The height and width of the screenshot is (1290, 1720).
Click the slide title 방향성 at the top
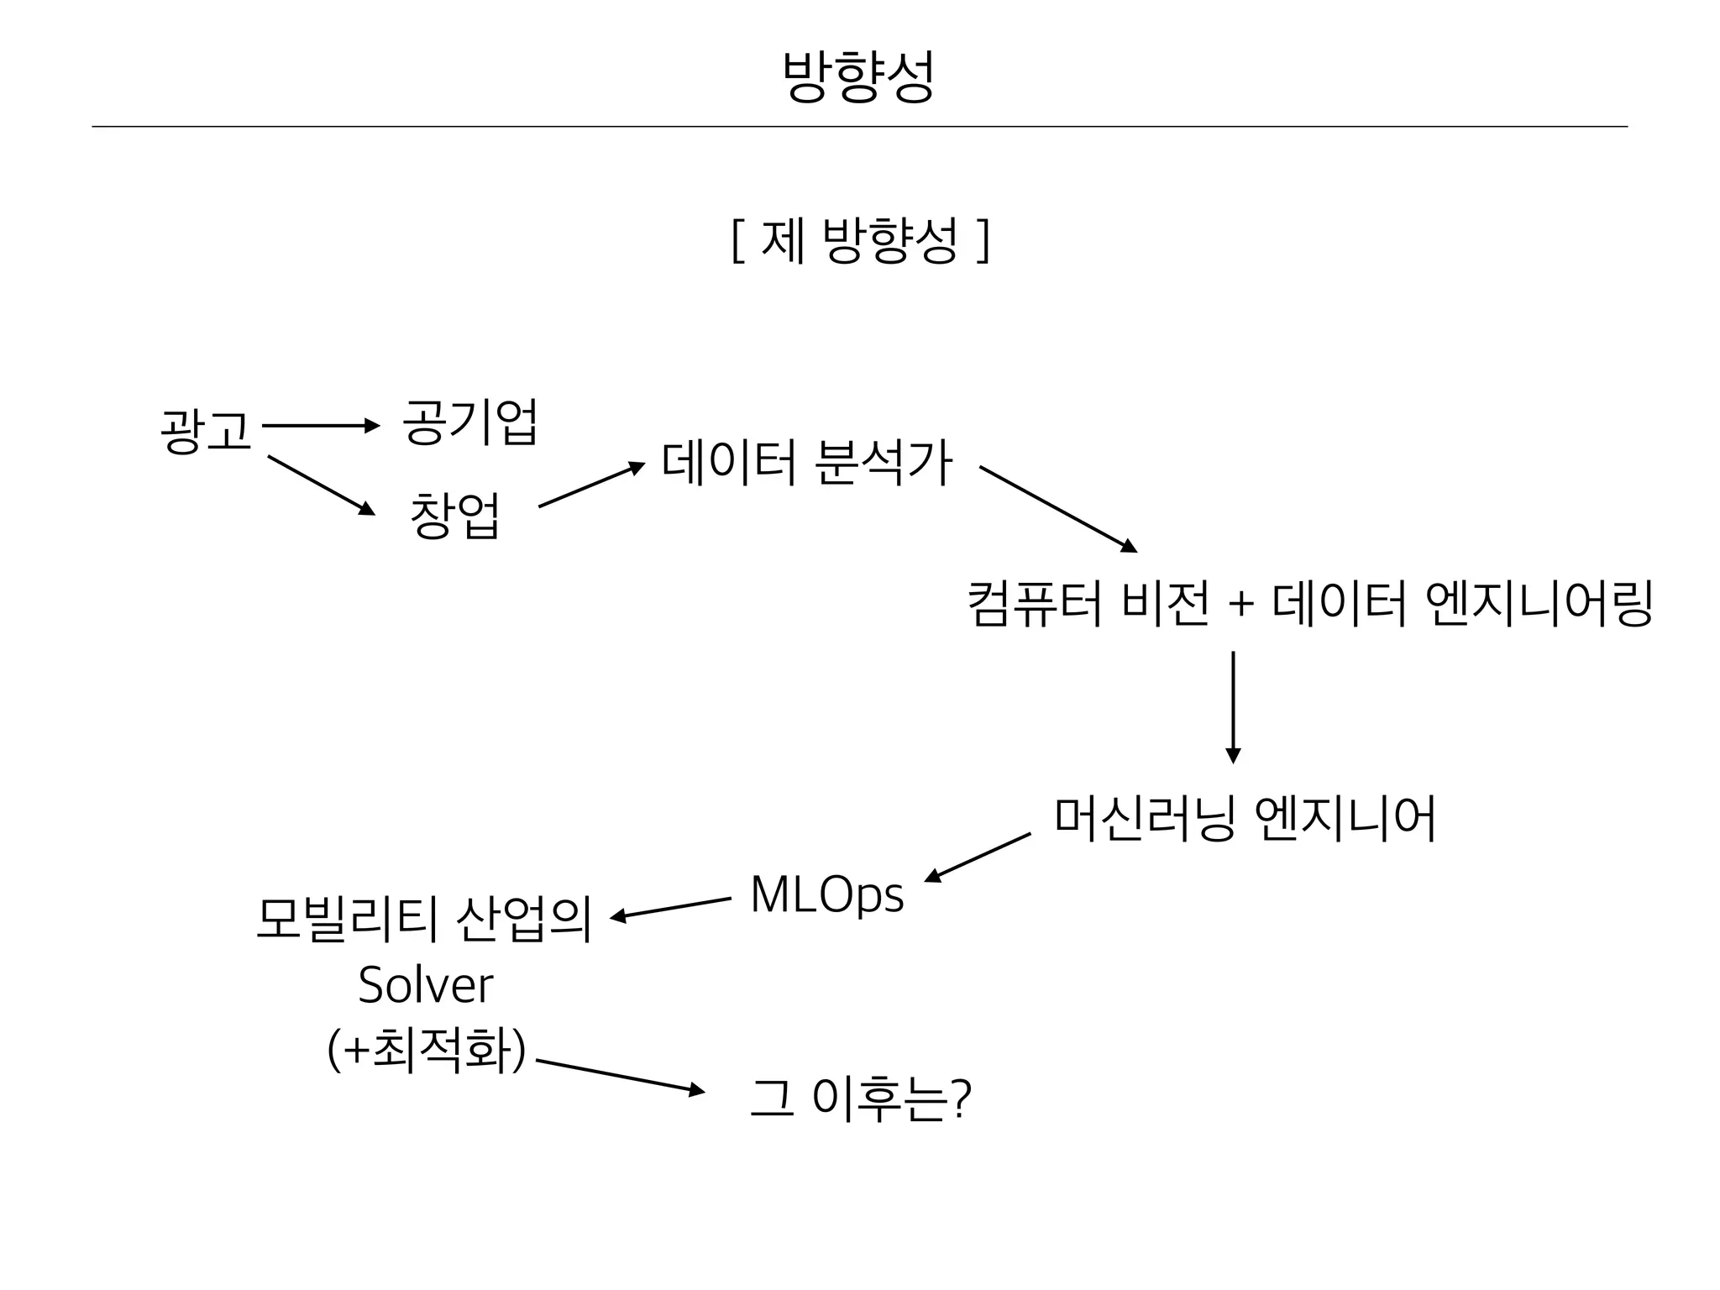857,76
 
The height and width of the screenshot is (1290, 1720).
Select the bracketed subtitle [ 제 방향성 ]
860,241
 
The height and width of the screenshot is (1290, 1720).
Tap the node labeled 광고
206,431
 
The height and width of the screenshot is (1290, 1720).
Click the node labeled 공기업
469,422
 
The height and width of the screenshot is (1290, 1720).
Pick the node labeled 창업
454,515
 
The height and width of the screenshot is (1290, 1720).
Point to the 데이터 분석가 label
806,463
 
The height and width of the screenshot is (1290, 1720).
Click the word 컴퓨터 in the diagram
1034,604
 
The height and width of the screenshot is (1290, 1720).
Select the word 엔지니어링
1539,604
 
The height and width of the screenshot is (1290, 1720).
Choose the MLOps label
826,894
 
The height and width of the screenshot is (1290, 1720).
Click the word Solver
425,985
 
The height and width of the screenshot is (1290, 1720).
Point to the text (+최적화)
427,1051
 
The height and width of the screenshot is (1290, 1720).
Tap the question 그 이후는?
860,1099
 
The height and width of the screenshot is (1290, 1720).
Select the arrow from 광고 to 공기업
322,426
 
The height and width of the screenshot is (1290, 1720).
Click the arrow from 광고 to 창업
321,485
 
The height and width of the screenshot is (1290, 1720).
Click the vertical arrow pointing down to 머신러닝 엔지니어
1233,706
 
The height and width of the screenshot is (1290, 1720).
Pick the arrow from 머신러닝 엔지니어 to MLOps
978,857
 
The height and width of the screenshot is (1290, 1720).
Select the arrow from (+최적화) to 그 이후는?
620,1077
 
